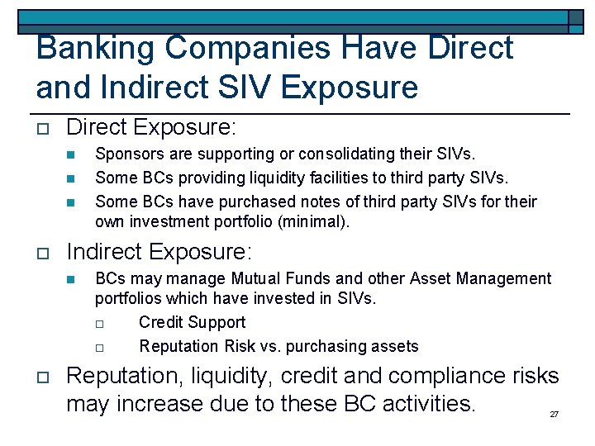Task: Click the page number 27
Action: click(x=555, y=414)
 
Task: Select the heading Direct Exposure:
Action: click(x=151, y=127)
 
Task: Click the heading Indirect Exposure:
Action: click(x=159, y=252)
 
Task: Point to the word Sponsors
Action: click(x=126, y=154)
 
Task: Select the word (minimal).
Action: click(x=317, y=221)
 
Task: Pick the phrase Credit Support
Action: click(x=192, y=322)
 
